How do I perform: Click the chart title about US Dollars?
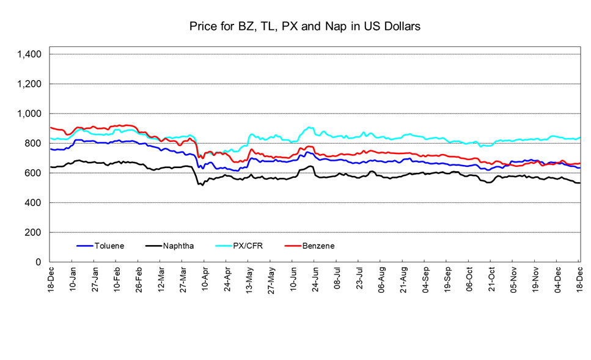coord(304,26)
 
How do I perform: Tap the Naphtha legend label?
coord(178,246)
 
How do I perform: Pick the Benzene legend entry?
coord(318,246)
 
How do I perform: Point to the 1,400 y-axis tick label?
coord(29,54)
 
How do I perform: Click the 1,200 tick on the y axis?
coord(29,84)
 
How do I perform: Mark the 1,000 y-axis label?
coord(29,114)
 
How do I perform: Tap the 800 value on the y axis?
coord(33,143)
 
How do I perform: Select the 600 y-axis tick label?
coord(33,173)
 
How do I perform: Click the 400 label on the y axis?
coord(33,203)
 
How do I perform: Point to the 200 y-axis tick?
coord(33,232)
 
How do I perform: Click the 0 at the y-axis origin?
coord(39,262)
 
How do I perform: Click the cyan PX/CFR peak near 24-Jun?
coord(310,128)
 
